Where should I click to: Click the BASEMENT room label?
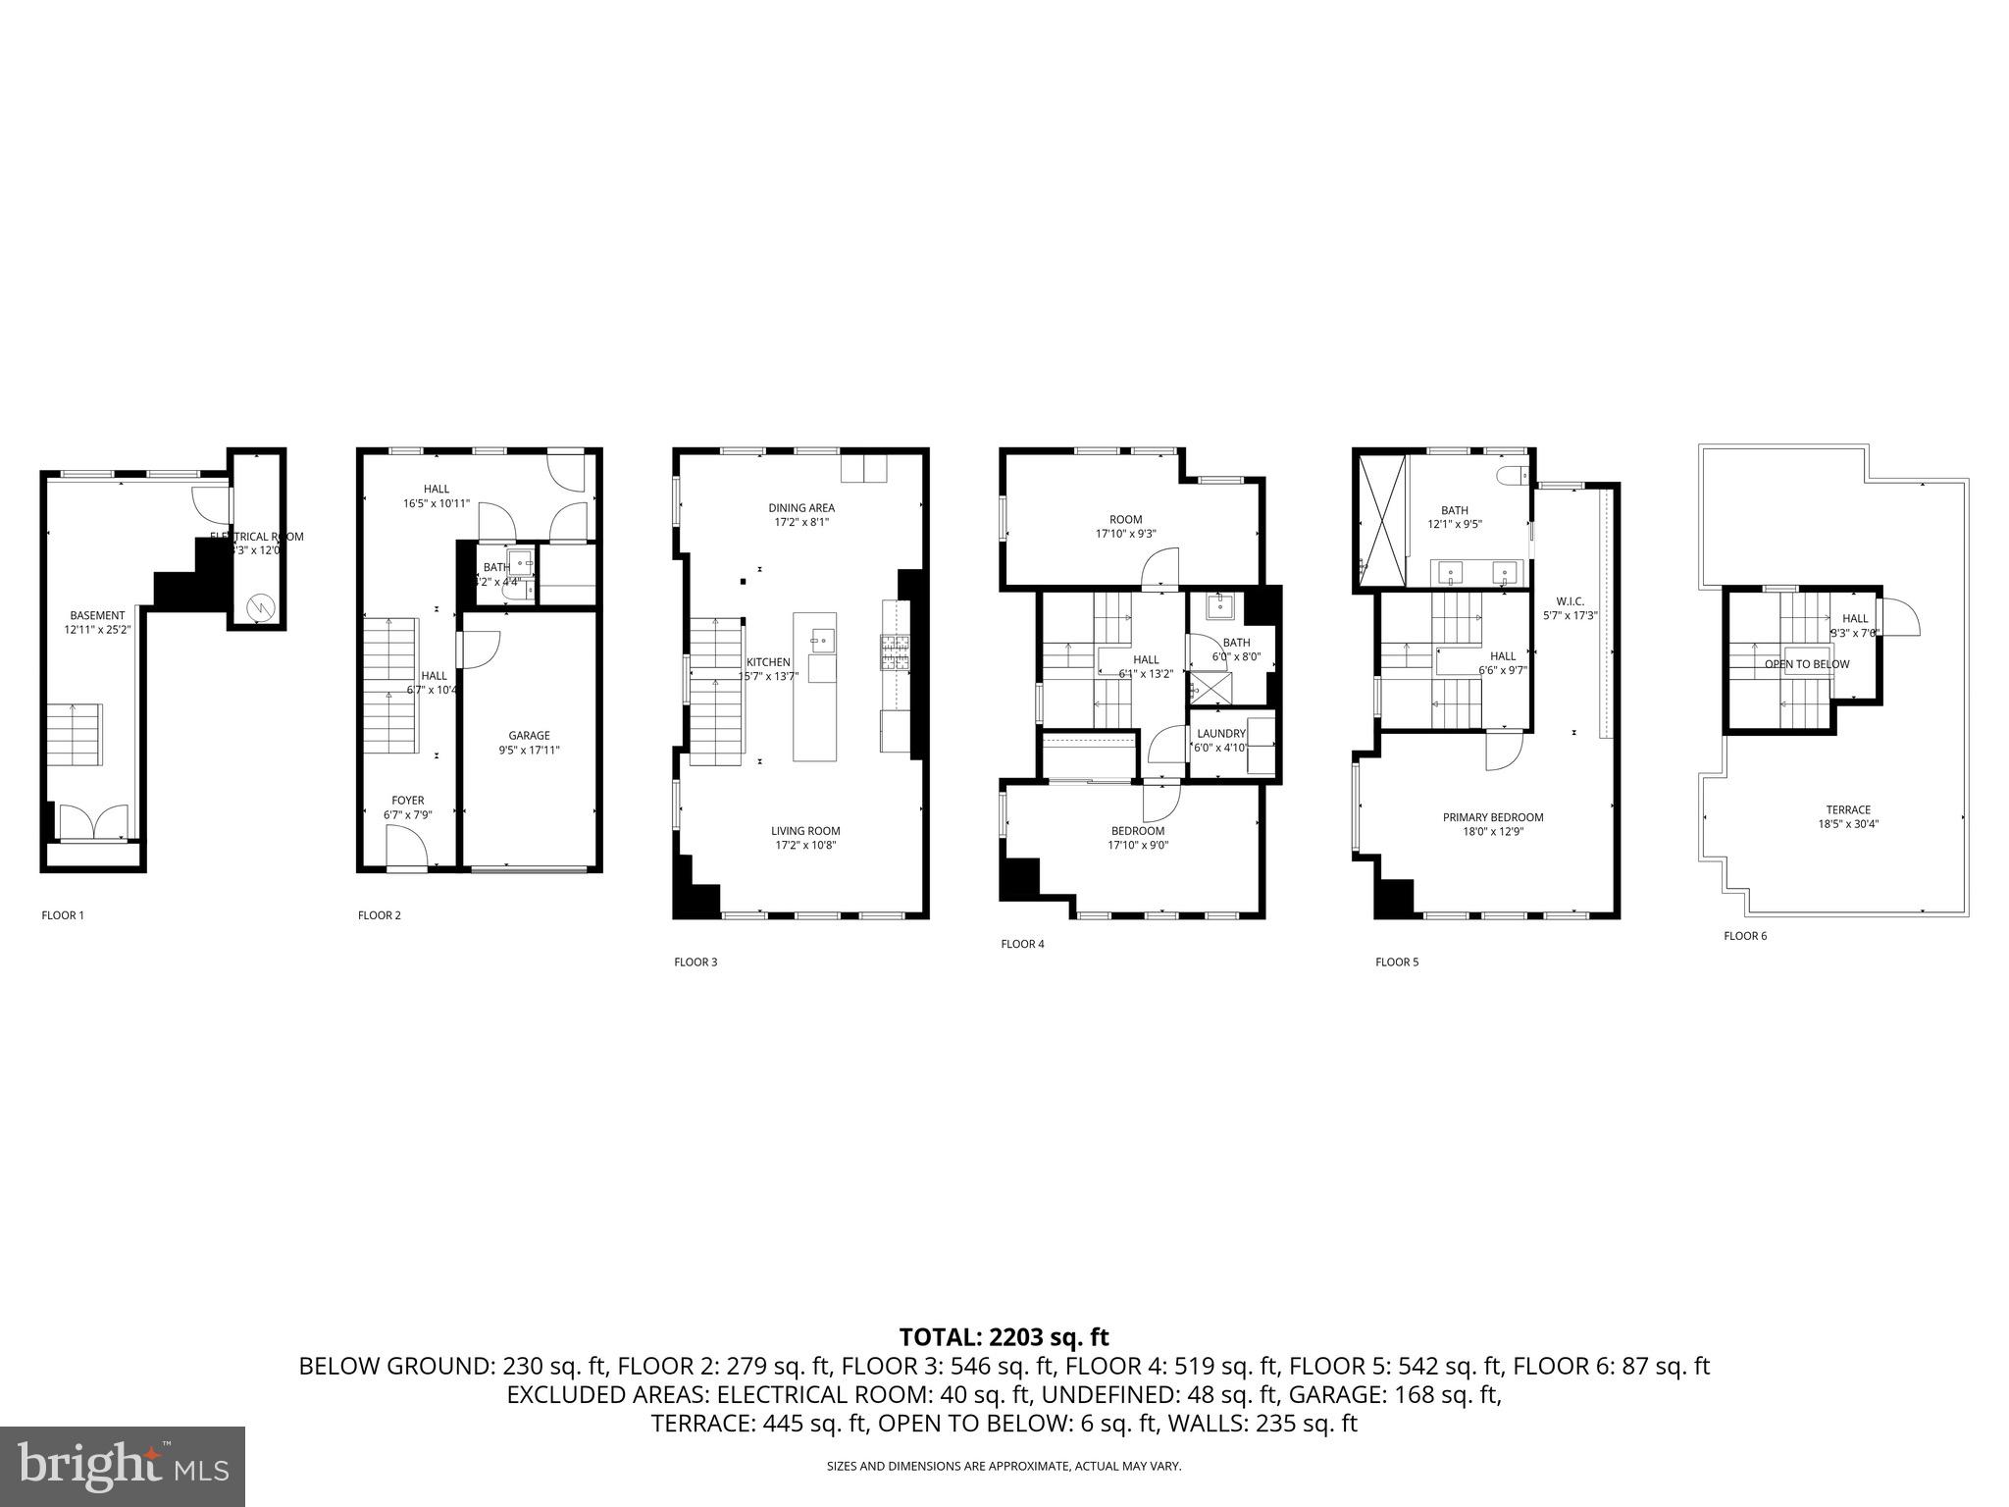pyautogui.click(x=97, y=615)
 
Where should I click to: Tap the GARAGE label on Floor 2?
pyautogui.click(x=529, y=735)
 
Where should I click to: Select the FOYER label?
pyautogui.click(x=407, y=801)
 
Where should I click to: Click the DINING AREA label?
pyautogui.click(x=800, y=507)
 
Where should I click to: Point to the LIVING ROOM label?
pyautogui.click(x=804, y=831)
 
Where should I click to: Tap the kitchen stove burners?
pyautogui.click(x=895, y=652)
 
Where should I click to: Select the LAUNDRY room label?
pyautogui.click(x=1220, y=734)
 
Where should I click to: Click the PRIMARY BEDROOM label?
pyautogui.click(x=1492, y=817)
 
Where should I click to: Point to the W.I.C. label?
pyautogui.click(x=1570, y=600)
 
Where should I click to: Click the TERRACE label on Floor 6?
pyautogui.click(x=1848, y=809)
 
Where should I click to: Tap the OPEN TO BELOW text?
pyautogui.click(x=1806, y=664)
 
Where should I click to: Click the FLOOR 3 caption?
pyautogui.click(x=695, y=962)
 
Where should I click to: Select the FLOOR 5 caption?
pyautogui.click(x=1397, y=962)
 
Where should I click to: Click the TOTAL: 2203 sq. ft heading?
pyautogui.click(x=1004, y=1336)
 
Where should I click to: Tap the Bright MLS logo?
pyautogui.click(x=122, y=1466)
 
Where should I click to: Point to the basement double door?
pyautogui.click(x=93, y=822)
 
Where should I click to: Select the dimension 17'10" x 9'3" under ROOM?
pyautogui.click(x=1125, y=535)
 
